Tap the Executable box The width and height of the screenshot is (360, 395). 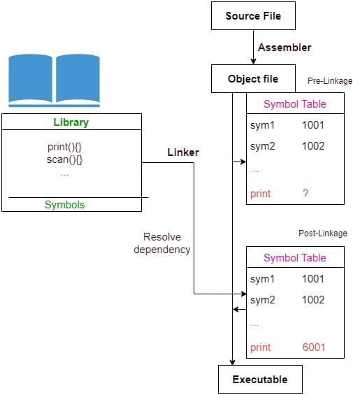[x=260, y=379]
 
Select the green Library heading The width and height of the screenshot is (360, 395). [x=71, y=122]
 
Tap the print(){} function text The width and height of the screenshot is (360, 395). [x=64, y=148]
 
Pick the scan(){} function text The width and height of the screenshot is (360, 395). [x=64, y=160]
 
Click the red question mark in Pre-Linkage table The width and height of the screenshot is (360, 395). [x=305, y=194]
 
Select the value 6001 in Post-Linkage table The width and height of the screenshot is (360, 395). [x=313, y=347]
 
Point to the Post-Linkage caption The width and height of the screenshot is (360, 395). [x=323, y=233]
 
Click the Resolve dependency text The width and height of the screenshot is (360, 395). [x=161, y=243]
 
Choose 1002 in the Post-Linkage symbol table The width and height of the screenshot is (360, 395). [x=313, y=300]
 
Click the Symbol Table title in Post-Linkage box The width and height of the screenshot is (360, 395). [x=294, y=257]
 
